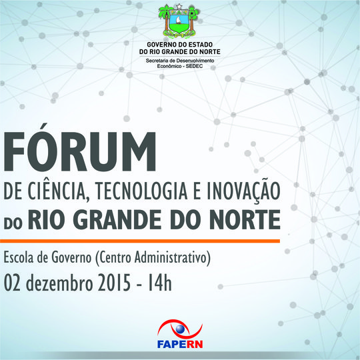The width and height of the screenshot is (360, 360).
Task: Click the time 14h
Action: (x=161, y=283)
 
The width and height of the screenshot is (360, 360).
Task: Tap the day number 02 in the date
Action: (x=14, y=283)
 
